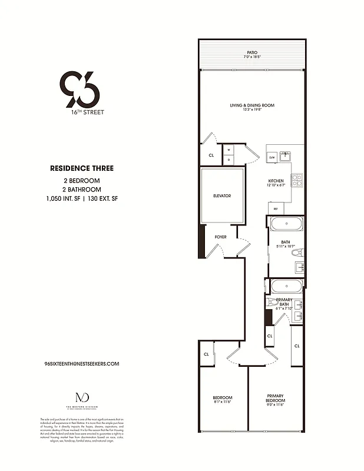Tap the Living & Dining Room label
pos(252,105)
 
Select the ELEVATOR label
pos(222,195)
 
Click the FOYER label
pos(220,237)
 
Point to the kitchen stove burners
pos(297,180)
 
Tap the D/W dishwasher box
pos(272,158)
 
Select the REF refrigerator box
pos(275,208)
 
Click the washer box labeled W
pos(229,150)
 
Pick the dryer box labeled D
pos(229,160)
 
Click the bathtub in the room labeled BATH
pos(286,224)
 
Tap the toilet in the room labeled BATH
pos(297,253)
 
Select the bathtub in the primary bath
pos(286,288)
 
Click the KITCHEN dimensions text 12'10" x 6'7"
pos(276,185)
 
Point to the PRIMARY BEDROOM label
pos(276,397)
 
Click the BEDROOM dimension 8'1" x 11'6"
pos(223,402)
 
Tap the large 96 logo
pos(80,88)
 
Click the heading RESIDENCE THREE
pos(82,168)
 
